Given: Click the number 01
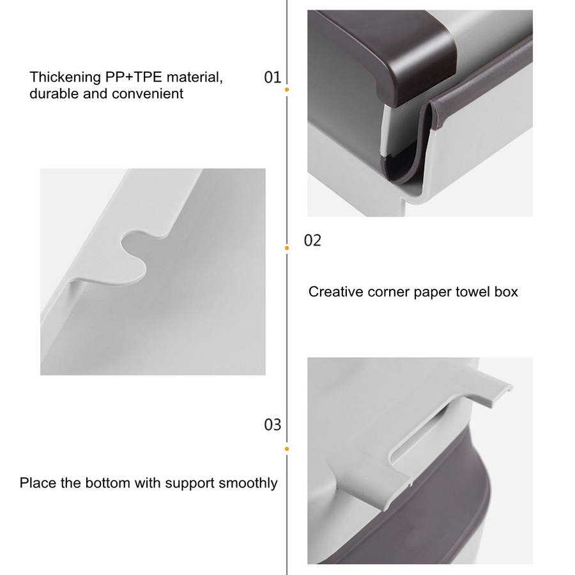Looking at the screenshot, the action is pyautogui.click(x=272, y=77).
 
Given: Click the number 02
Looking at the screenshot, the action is pyautogui.click(x=312, y=241).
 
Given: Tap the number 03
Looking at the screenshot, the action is pyautogui.click(x=272, y=425).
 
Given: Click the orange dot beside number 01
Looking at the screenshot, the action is pyautogui.click(x=287, y=89).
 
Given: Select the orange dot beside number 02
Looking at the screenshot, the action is pyautogui.click(x=287, y=249).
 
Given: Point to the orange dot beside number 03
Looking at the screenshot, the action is pyautogui.click(x=287, y=449).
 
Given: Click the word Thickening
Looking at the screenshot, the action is pyautogui.click(x=65, y=78).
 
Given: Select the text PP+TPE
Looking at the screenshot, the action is pyautogui.click(x=134, y=77).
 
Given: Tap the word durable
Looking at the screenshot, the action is pyautogui.click(x=54, y=93).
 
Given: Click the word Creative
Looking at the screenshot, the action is pyautogui.click(x=335, y=292).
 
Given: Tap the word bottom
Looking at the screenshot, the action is pyautogui.click(x=108, y=483).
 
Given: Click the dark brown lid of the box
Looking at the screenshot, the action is pyautogui.click(x=381, y=55).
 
